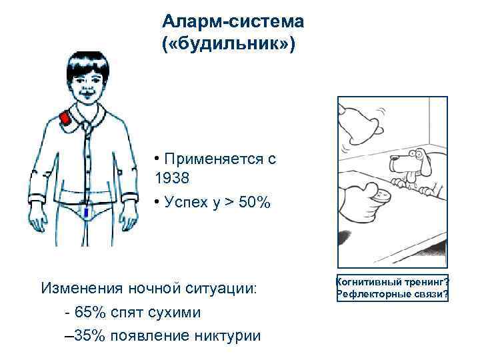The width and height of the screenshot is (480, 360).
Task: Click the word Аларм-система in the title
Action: pos(233,21)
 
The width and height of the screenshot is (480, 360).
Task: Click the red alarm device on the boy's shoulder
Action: pos(65,119)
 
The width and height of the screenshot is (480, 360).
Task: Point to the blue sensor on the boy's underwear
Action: pos(86,212)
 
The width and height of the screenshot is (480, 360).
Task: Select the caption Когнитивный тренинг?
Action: pos(393,283)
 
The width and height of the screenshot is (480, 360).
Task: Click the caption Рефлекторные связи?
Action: pos(393,295)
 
